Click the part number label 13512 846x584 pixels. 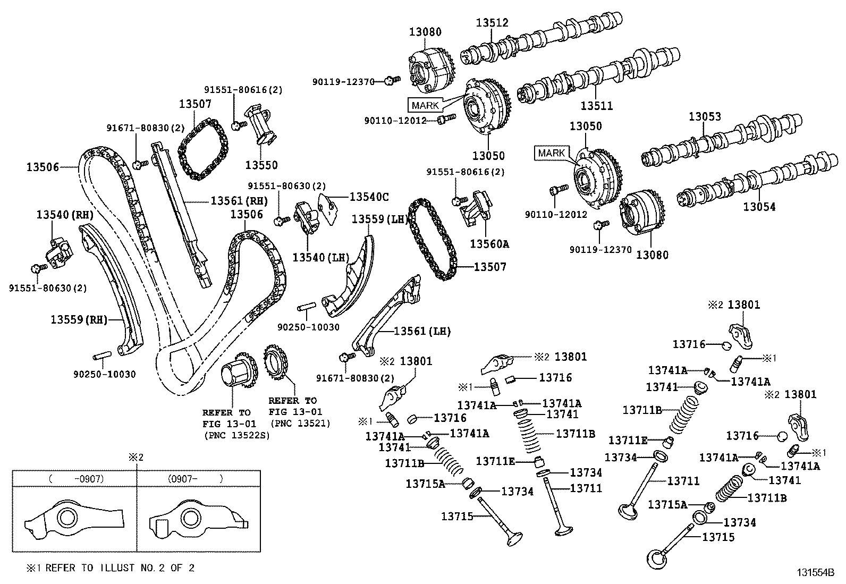tap(492, 23)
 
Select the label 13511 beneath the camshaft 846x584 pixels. tap(596, 106)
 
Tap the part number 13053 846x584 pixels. tap(705, 116)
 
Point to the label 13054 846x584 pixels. tap(759, 207)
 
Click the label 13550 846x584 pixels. tap(261, 165)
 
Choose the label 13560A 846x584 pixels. tap(489, 244)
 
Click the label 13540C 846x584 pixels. tap(369, 197)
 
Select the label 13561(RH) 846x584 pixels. tap(239, 200)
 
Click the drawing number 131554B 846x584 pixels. tap(815, 573)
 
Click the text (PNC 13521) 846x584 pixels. tap(300, 423)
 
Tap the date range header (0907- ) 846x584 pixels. tap(196, 478)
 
